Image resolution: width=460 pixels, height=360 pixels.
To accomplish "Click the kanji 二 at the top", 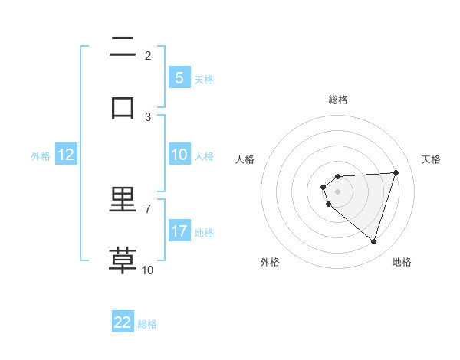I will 123,47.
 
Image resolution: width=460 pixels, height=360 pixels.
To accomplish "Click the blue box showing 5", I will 179,77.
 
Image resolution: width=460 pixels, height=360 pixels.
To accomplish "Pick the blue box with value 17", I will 179,231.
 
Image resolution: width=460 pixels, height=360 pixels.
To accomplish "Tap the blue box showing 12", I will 66,155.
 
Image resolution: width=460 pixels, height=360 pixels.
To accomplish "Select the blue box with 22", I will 123,322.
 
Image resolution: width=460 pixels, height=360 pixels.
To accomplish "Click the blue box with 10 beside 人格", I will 179,155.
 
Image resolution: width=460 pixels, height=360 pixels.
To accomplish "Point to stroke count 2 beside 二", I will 148,55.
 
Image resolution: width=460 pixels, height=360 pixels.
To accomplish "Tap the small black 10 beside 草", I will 148,270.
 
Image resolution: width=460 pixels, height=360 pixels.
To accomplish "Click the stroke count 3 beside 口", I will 148,116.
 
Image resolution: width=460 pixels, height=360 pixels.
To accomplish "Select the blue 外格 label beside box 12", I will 41,155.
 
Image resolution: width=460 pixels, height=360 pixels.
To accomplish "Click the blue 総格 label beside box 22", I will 147,324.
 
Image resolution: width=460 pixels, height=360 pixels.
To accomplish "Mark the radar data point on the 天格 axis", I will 396,172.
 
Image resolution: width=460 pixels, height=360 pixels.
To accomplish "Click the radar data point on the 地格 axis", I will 373,241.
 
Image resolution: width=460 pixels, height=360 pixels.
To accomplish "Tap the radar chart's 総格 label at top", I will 338,100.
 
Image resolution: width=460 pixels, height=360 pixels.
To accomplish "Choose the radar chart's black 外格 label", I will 270,262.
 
